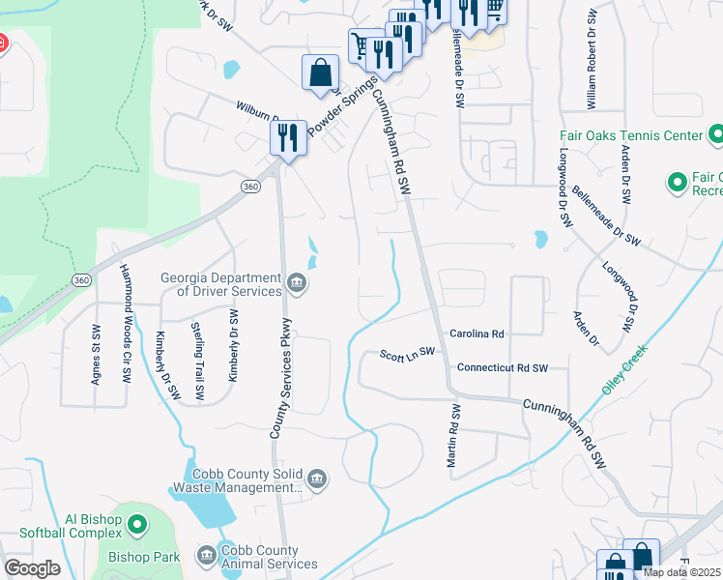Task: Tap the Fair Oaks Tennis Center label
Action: [630, 135]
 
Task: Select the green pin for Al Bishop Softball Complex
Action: [137, 526]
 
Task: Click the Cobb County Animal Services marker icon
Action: [206, 555]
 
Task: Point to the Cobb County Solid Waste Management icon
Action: [317, 478]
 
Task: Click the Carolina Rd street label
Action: [477, 333]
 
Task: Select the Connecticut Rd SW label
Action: [503, 368]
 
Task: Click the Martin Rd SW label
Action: [452, 437]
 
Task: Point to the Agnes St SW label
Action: [96, 356]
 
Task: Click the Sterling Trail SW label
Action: [199, 361]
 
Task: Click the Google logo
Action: [32, 568]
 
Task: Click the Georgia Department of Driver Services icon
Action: [298, 283]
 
